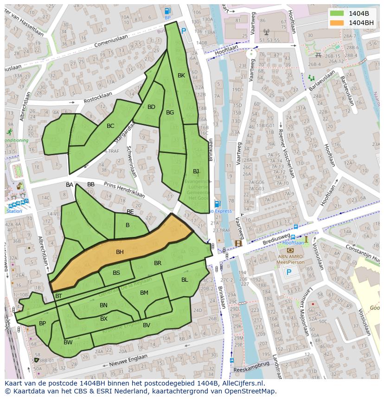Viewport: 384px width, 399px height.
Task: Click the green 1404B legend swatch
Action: [x=337, y=13]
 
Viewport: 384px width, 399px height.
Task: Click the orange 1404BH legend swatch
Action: [x=337, y=22]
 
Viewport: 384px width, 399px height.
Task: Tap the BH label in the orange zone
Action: [x=120, y=252]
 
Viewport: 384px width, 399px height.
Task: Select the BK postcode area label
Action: [x=181, y=75]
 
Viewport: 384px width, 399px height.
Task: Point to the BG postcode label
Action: [x=170, y=113]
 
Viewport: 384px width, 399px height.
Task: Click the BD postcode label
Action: [x=151, y=107]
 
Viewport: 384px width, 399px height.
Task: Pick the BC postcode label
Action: [x=110, y=126]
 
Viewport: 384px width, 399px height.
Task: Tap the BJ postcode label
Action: [x=196, y=171]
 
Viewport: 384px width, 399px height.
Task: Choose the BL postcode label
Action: [x=185, y=280]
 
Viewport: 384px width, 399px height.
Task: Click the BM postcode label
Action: [x=144, y=293]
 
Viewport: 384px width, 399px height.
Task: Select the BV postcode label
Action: [x=147, y=325]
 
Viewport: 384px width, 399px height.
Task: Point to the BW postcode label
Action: [x=68, y=342]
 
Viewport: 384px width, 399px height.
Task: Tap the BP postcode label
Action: [x=42, y=323]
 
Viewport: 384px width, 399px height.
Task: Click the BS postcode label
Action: [x=116, y=273]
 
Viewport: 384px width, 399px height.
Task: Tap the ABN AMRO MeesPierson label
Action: [x=291, y=259]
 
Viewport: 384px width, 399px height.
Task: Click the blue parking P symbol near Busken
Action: [x=184, y=31]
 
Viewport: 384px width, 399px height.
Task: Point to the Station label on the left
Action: [x=14, y=211]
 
